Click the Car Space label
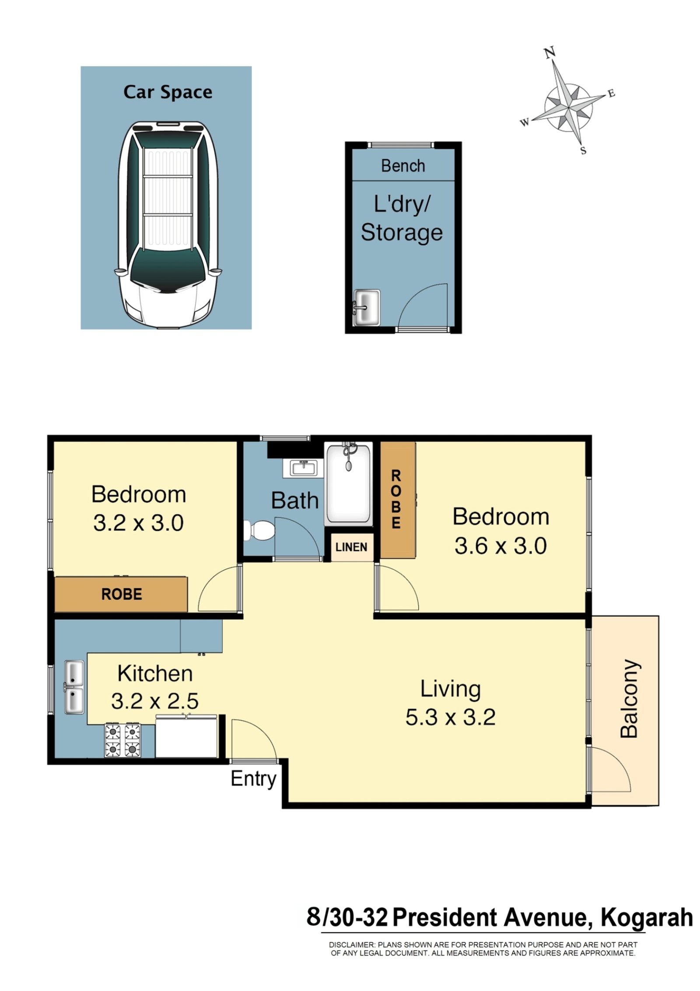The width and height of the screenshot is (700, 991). click(x=168, y=92)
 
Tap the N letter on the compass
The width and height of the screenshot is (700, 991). click(x=549, y=53)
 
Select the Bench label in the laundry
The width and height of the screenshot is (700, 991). click(x=402, y=166)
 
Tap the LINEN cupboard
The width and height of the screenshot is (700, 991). click(x=351, y=547)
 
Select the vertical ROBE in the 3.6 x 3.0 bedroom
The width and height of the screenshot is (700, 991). click(x=396, y=499)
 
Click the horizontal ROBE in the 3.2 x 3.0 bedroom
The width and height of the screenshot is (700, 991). click(x=122, y=594)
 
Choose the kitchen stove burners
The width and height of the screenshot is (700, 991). click(x=122, y=740)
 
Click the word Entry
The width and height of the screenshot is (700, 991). click(x=253, y=779)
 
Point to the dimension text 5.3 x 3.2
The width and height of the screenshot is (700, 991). click(x=450, y=717)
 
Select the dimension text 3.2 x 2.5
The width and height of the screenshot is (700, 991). click(x=154, y=701)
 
